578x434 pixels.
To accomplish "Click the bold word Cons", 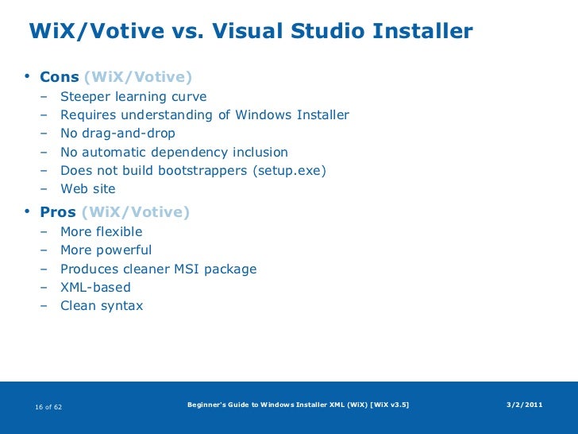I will point(60,77).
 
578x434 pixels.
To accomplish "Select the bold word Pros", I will point(58,212).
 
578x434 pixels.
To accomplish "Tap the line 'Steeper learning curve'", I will point(133,97).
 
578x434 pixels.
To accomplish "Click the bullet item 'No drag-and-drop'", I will point(118,134).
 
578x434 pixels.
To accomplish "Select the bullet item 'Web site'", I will point(88,189).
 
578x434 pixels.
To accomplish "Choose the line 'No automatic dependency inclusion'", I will point(174,152).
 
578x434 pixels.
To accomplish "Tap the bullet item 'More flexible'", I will point(102,232).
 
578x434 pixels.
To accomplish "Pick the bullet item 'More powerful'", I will point(106,250).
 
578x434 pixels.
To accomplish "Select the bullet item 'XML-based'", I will point(95,288).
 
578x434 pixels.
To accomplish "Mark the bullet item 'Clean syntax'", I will point(102,306).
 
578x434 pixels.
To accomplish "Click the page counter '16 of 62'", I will point(49,407).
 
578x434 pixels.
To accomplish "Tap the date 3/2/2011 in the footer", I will point(524,405).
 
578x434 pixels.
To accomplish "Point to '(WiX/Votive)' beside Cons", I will point(137,77).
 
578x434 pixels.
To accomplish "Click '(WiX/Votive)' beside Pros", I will point(136,212).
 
